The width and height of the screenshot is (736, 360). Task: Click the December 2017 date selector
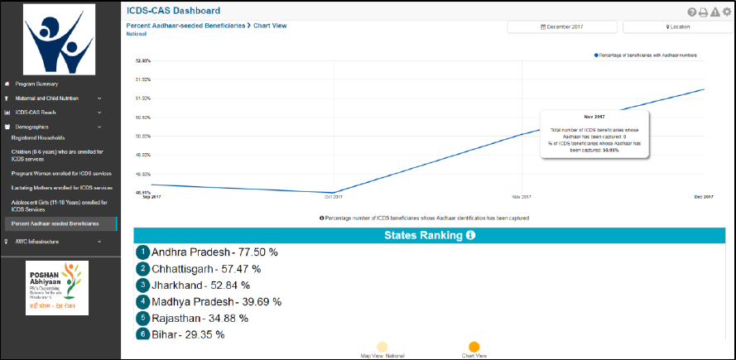[562, 27]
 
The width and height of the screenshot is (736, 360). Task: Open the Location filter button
[677, 27]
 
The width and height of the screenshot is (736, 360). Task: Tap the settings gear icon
[726, 12]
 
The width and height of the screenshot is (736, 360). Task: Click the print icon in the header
[703, 12]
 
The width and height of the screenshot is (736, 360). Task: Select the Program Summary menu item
[36, 84]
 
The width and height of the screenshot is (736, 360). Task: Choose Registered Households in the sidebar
[37, 137]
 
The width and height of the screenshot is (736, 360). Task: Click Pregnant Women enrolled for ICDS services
[61, 174]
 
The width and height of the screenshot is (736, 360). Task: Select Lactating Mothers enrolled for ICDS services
[61, 188]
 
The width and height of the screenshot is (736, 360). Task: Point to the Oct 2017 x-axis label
[333, 197]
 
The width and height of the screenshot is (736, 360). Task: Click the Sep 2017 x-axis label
[152, 197]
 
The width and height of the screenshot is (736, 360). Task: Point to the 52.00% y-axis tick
[142, 61]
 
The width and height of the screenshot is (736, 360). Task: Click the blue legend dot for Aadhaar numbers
[594, 55]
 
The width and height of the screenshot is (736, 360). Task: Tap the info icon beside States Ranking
[470, 236]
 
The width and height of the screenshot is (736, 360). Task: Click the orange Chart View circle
[474, 348]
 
